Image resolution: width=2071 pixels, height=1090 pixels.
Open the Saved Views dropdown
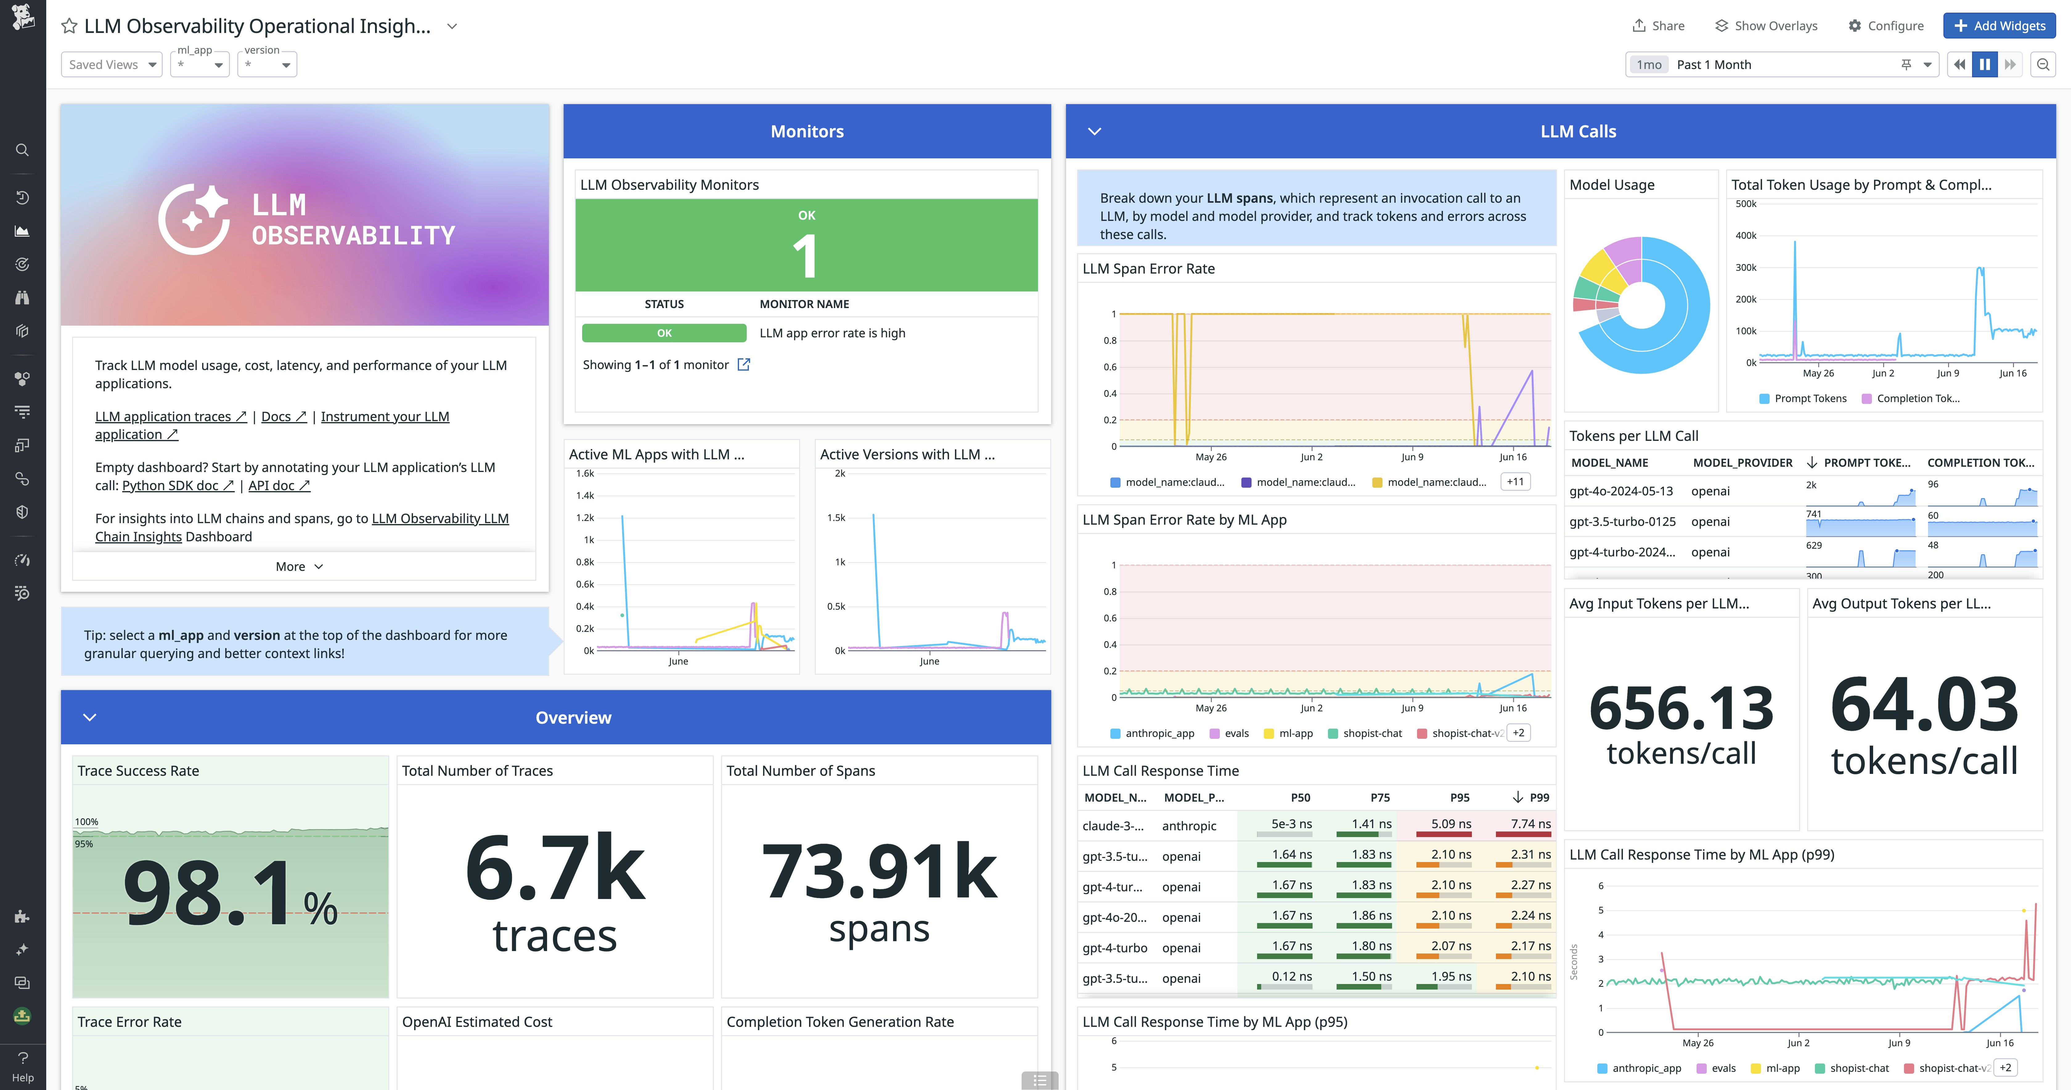(x=112, y=64)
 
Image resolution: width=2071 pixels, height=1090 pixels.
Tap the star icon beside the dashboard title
(x=69, y=26)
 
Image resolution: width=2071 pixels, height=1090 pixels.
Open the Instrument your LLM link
(x=384, y=417)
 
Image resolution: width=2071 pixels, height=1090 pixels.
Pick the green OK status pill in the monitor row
(x=664, y=333)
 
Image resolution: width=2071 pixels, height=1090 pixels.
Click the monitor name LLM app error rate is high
(x=832, y=333)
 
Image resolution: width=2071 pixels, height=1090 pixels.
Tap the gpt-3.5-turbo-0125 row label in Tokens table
(x=1622, y=522)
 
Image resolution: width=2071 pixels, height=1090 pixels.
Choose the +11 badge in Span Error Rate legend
(x=1515, y=482)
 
